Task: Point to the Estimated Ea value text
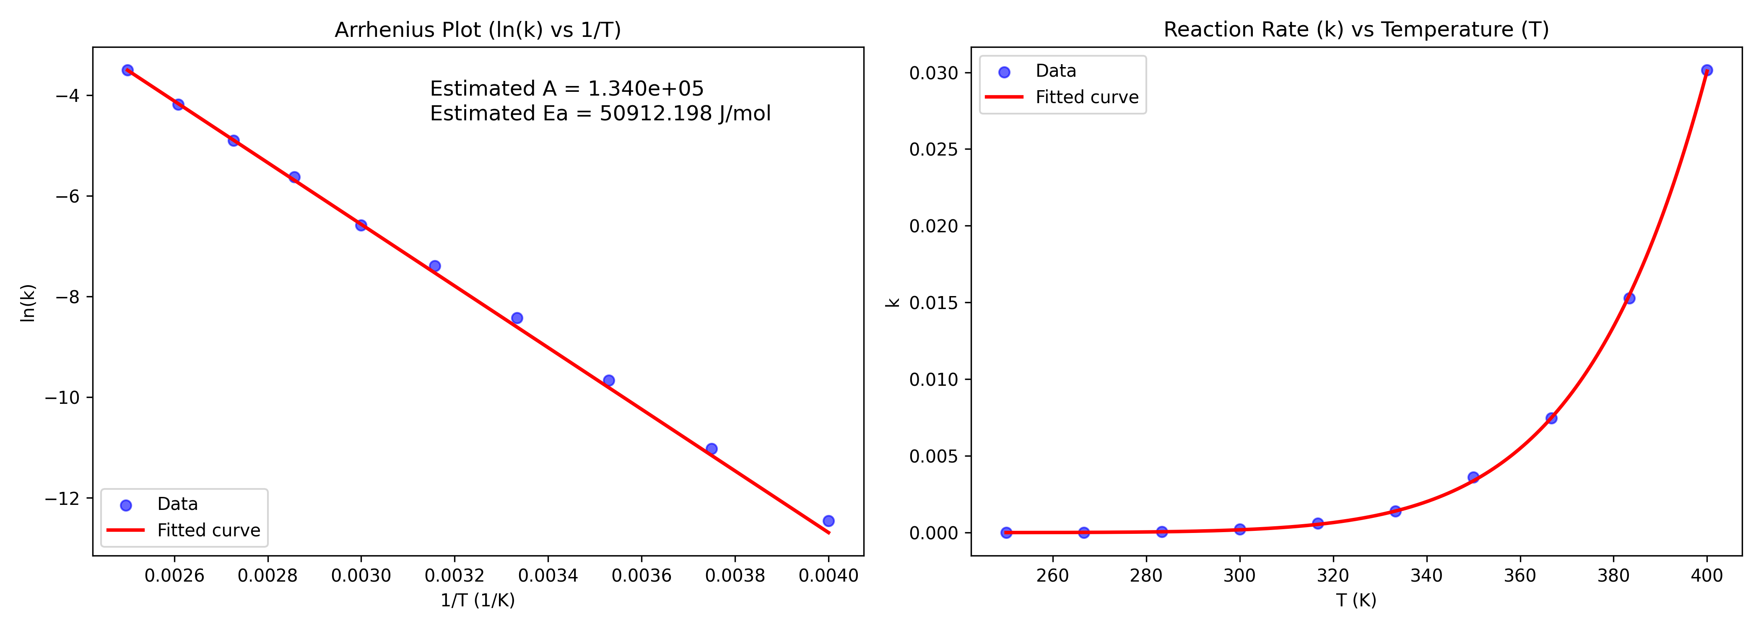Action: click(x=600, y=114)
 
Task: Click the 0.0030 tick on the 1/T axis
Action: click(x=361, y=576)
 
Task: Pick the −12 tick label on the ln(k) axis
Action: click(x=62, y=499)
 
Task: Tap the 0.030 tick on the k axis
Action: click(x=933, y=73)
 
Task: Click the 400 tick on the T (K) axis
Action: click(x=1706, y=576)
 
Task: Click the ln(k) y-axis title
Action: click(x=27, y=302)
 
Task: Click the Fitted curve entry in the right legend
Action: click(x=1086, y=98)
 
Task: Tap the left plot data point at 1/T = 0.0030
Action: click(x=361, y=225)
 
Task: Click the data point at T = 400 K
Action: click(x=1706, y=70)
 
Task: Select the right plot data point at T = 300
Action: click(x=1239, y=529)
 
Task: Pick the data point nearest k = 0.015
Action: click(x=1629, y=298)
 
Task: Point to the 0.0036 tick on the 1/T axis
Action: click(x=641, y=576)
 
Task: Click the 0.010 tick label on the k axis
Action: click(x=933, y=379)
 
